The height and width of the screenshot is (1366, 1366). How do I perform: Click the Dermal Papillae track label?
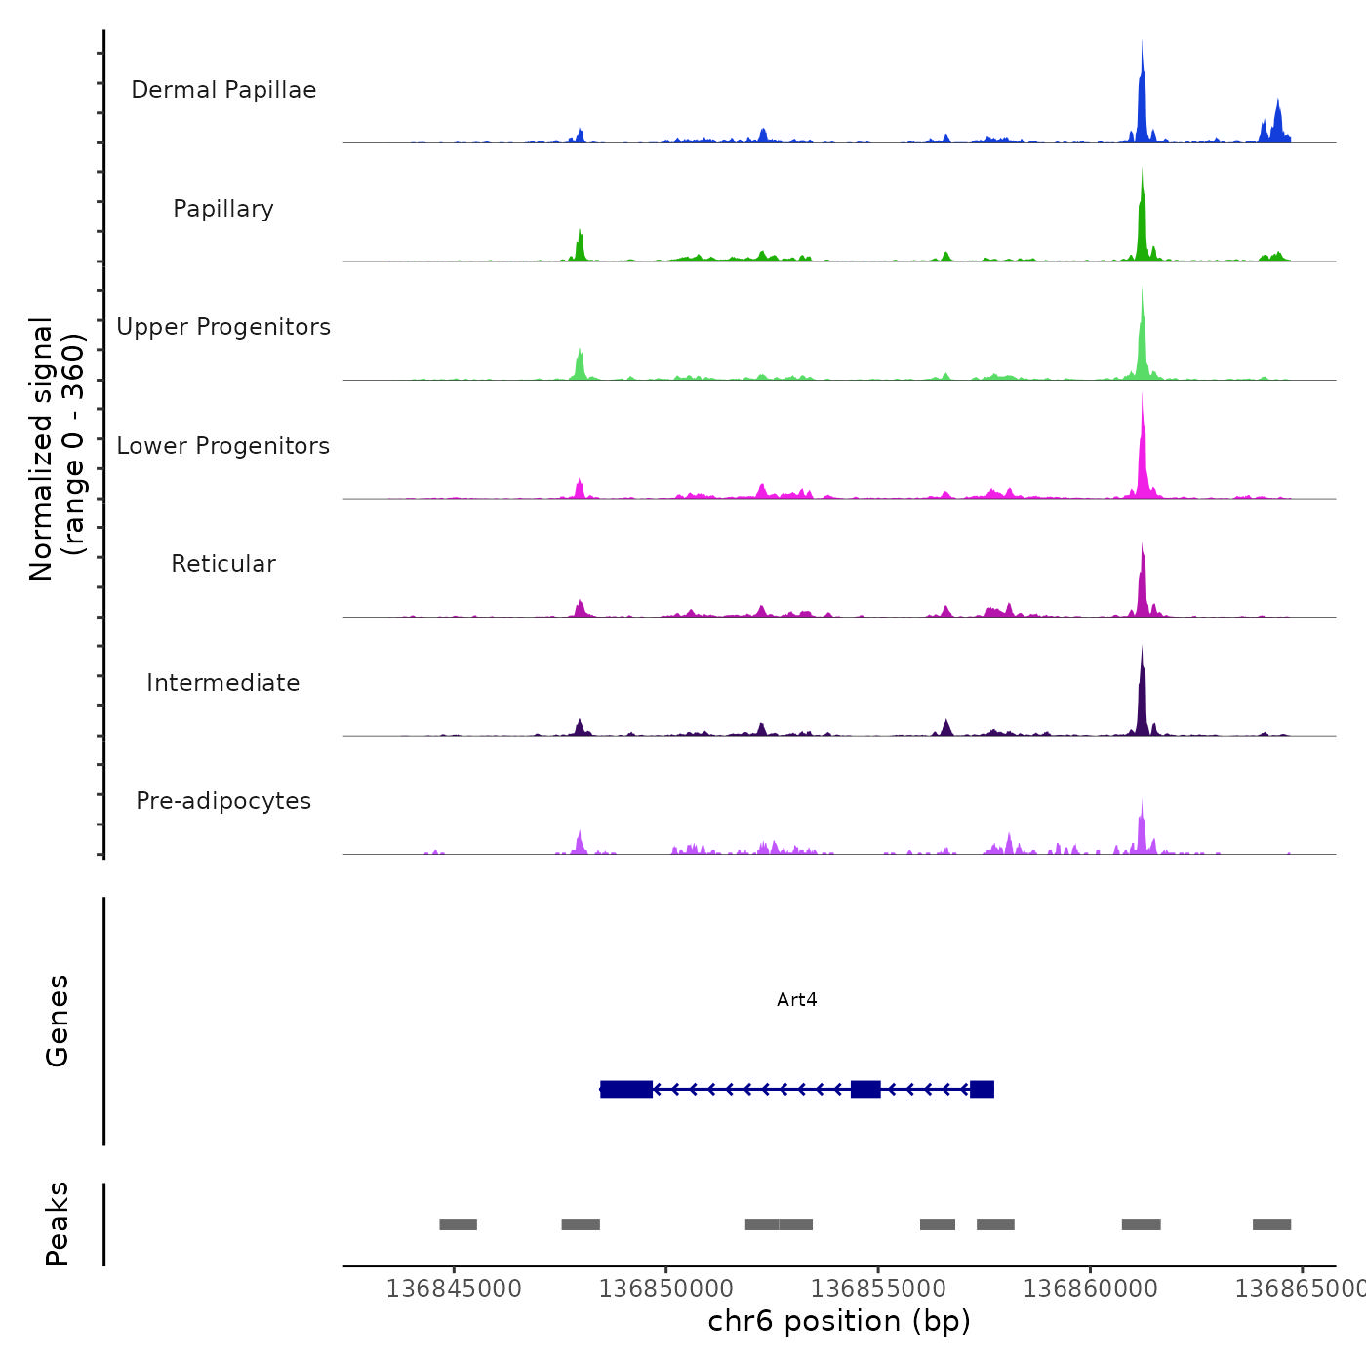tap(223, 90)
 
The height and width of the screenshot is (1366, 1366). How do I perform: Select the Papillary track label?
tap(223, 209)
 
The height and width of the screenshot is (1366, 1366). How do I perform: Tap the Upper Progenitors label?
tap(223, 327)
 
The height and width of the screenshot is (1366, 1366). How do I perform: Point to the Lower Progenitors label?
tap(223, 446)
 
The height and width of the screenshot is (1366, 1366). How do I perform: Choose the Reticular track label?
tap(223, 564)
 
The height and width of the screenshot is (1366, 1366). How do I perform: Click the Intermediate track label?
tap(223, 683)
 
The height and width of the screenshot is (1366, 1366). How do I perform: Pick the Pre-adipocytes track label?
tap(223, 801)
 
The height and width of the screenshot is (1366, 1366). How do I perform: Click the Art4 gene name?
tap(797, 999)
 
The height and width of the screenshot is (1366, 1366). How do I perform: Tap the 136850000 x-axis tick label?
tap(666, 1288)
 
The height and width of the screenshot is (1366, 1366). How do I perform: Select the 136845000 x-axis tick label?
tap(454, 1288)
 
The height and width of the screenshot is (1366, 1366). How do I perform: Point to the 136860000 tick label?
tap(1090, 1288)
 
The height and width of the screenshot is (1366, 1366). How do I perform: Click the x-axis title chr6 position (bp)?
tap(839, 1321)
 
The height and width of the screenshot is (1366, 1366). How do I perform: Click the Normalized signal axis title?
tap(57, 449)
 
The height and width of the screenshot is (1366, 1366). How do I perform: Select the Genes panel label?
tap(58, 1021)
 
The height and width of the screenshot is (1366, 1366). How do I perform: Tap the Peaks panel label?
tap(58, 1224)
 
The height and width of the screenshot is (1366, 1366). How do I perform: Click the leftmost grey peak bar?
tap(458, 1225)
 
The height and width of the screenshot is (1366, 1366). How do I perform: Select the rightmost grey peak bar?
tap(1271, 1225)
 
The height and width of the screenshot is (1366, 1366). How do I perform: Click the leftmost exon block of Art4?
tap(626, 1089)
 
